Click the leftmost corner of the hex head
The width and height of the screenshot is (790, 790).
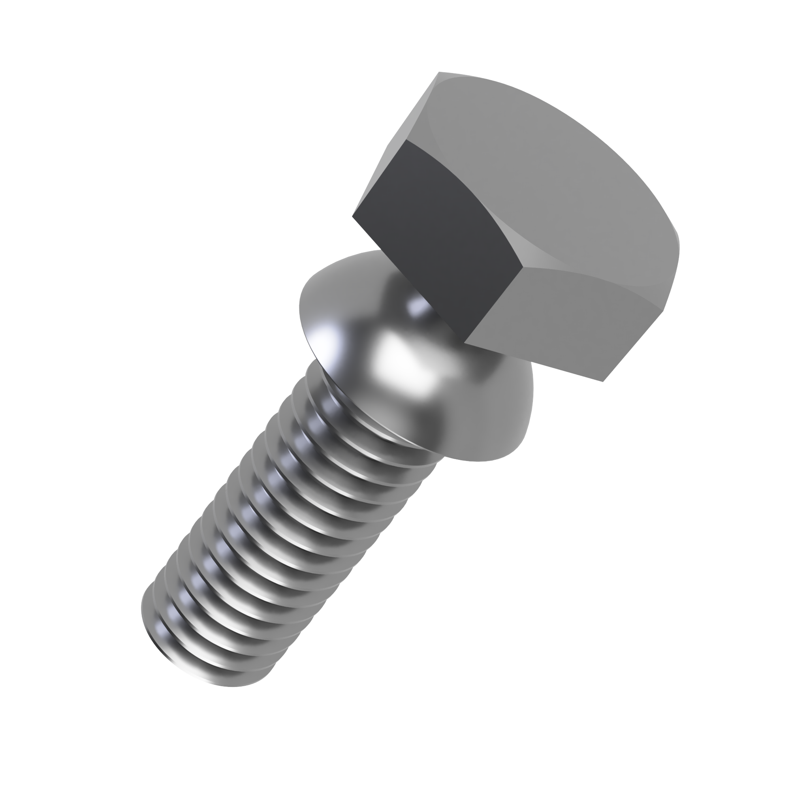pos(352,216)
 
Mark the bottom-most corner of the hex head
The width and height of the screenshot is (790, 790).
pos(603,382)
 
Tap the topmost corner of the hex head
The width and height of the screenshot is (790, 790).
pos(439,72)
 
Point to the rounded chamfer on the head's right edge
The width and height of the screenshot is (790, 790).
pos(675,237)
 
